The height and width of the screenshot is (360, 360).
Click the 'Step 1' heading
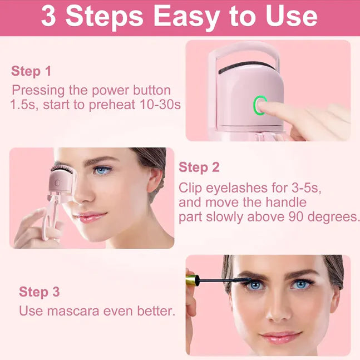tap(31, 71)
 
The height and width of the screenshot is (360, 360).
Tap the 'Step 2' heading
tap(199, 167)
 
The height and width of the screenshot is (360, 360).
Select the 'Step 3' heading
tap(40, 292)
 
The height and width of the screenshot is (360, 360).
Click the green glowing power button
tap(260, 105)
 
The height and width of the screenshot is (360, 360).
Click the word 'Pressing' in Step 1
tap(37, 90)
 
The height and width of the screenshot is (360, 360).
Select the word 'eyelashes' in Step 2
tap(234, 188)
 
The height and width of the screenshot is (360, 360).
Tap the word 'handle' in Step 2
tap(286, 203)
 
